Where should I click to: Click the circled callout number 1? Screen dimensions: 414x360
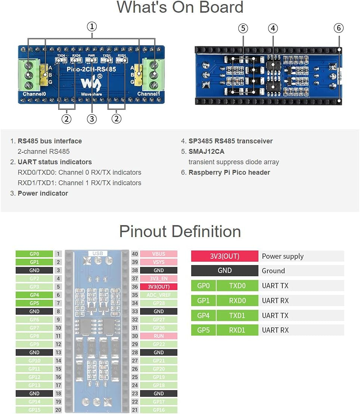[92, 27]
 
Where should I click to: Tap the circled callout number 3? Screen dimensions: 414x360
[92, 119]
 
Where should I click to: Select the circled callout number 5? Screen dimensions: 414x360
[243, 28]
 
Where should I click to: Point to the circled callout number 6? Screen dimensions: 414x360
[338, 28]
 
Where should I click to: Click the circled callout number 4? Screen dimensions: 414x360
[273, 28]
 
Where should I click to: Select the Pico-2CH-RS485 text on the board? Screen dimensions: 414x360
[91, 69]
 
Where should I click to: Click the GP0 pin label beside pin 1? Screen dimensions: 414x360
[34, 254]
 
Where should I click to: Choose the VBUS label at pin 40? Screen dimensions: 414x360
[158, 254]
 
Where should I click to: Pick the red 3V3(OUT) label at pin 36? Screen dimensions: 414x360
[158, 287]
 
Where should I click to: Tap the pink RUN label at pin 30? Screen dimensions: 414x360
[158, 336]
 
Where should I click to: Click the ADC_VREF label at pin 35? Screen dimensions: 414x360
[158, 295]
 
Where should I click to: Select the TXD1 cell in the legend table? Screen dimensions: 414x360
[237, 315]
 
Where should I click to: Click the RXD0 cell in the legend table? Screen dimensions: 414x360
[237, 301]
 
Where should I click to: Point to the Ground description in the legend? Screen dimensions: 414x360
[273, 271]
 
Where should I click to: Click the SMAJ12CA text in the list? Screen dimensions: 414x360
[206, 152]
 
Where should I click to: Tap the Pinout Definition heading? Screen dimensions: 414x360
[180, 231]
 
